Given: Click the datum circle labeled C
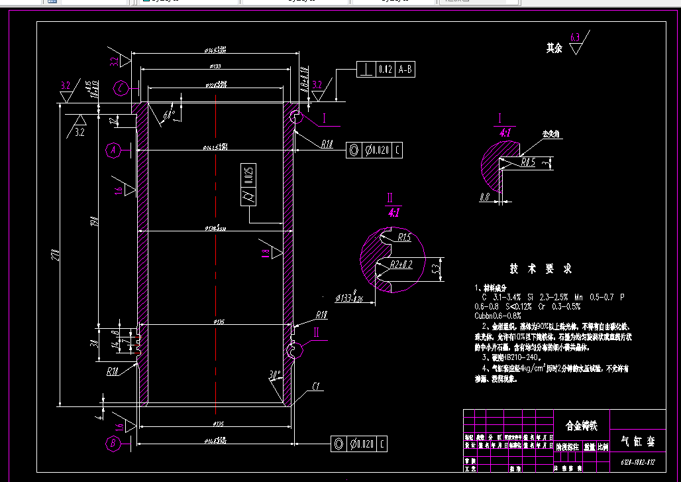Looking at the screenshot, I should point(120,88).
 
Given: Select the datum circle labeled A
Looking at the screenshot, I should point(113,151).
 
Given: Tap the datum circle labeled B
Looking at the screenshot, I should point(113,442).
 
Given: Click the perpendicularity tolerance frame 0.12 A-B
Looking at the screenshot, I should point(386,69).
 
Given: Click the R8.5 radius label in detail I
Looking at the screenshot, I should point(527,161).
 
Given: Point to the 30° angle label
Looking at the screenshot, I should point(274,376).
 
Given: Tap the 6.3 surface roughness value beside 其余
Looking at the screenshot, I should point(574,37).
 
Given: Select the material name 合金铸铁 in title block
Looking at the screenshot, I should point(580,426).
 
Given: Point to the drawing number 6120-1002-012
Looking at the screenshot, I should point(637,462).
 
